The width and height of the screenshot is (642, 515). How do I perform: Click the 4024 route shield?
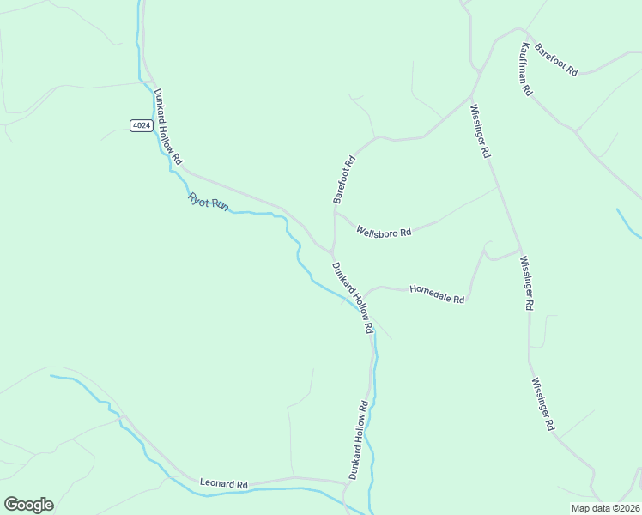pyautogui.click(x=142, y=125)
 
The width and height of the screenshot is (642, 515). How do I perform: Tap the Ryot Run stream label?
pyautogui.click(x=209, y=203)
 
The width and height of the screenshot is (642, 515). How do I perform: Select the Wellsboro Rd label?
pyautogui.click(x=384, y=232)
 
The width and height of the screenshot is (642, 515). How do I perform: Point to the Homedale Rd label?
pyautogui.click(x=437, y=294)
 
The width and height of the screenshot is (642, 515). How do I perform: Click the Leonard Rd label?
pyautogui.click(x=223, y=484)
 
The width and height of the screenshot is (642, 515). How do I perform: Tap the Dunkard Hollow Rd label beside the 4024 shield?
pyautogui.click(x=168, y=127)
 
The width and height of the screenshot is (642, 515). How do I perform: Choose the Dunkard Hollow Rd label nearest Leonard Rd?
pyautogui.click(x=358, y=439)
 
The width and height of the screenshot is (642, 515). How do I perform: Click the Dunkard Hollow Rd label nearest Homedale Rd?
pyautogui.click(x=353, y=297)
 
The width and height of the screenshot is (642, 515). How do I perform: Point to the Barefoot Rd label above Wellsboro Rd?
pyautogui.click(x=343, y=179)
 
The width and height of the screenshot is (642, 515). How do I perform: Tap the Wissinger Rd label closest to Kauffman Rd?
pyautogui.click(x=480, y=130)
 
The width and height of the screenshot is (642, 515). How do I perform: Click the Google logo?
pyautogui.click(x=28, y=505)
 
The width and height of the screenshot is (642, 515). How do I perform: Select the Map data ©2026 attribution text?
pyautogui.click(x=605, y=508)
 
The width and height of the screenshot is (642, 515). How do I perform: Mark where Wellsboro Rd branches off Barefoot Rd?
pyautogui.click(x=335, y=213)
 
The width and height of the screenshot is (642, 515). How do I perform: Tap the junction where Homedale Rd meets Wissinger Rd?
pyautogui.click(x=519, y=250)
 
